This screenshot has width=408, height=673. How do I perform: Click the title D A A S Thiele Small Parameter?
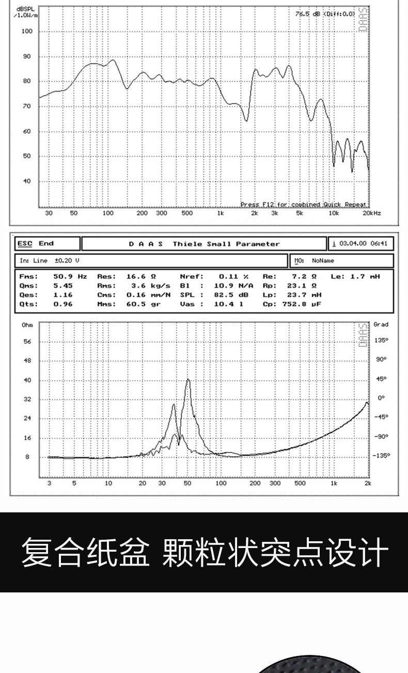click(204, 244)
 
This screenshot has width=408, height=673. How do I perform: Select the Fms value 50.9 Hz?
click(70, 276)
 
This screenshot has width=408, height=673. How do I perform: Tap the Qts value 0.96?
click(63, 304)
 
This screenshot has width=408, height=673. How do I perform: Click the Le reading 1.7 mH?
click(364, 276)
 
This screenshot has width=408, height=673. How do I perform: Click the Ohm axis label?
click(27, 325)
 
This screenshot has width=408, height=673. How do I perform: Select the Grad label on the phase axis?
click(381, 324)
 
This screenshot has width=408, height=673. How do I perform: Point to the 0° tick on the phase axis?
click(381, 398)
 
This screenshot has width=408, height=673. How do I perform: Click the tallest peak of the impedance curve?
click(188, 380)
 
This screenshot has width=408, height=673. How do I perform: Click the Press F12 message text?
click(304, 205)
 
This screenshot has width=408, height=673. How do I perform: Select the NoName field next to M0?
click(323, 261)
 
